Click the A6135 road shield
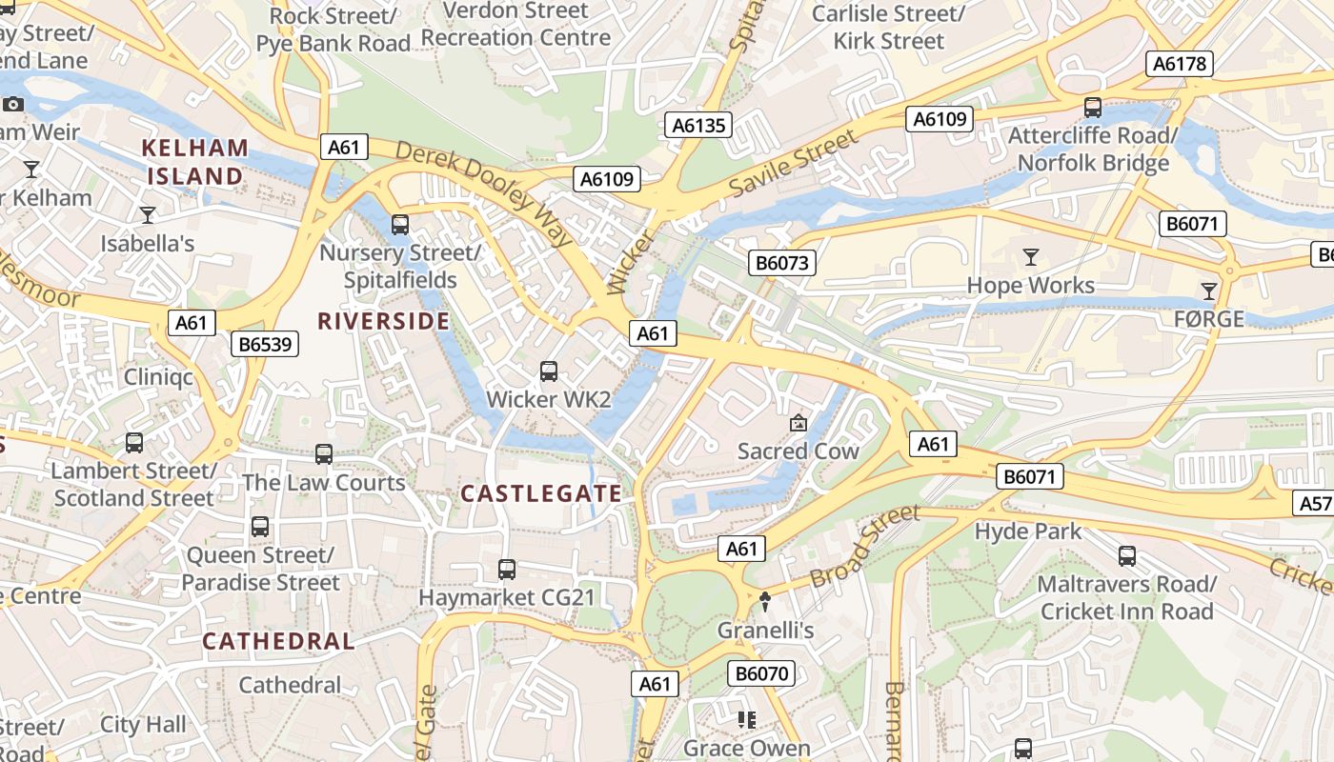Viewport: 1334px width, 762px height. tap(698, 125)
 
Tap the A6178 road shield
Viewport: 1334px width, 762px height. tap(1179, 64)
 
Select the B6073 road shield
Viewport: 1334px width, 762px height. tap(782, 263)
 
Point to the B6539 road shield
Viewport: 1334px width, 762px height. tap(265, 344)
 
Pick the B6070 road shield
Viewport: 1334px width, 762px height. tap(762, 674)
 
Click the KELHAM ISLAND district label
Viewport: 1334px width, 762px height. tap(195, 162)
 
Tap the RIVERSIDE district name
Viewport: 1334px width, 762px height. tap(383, 321)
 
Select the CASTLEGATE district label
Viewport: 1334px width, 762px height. tap(541, 493)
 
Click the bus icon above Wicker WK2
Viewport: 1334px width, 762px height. tap(549, 371)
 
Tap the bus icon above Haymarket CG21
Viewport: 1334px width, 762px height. tap(507, 570)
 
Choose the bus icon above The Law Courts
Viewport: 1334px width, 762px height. tap(324, 454)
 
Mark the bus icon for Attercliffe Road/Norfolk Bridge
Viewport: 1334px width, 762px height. tap(1093, 108)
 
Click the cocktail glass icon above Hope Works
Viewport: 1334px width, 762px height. tap(1030, 257)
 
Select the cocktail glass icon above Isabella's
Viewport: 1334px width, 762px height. tap(148, 215)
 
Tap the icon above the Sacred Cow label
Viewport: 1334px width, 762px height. tap(798, 423)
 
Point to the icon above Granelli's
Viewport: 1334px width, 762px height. tap(764, 602)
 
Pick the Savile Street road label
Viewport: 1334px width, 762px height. tap(794, 165)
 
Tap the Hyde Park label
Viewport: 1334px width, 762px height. tap(1027, 531)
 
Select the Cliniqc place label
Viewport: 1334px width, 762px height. tap(158, 377)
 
